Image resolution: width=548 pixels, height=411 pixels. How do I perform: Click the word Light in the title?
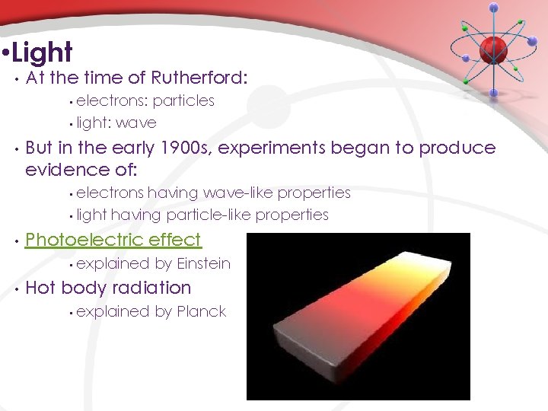click(x=43, y=53)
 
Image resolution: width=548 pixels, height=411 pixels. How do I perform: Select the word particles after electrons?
click(x=183, y=100)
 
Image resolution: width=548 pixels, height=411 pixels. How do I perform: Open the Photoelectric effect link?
click(x=113, y=240)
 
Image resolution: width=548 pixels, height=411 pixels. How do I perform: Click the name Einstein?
click(x=203, y=263)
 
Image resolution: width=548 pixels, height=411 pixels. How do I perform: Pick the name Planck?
click(x=201, y=311)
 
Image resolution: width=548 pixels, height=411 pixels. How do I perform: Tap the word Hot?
click(x=40, y=288)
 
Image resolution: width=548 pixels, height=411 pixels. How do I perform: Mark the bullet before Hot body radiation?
click(x=14, y=288)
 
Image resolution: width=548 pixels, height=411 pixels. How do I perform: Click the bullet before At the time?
click(x=14, y=78)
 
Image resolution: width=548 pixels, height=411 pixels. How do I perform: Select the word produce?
click(x=462, y=148)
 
